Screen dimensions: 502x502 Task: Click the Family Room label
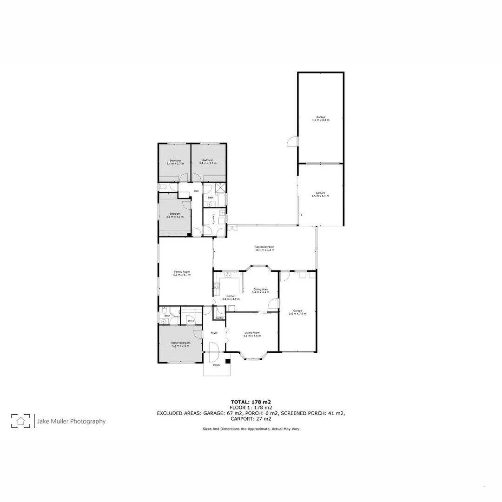tap(182, 271)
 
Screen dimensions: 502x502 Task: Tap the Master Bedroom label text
tap(180, 343)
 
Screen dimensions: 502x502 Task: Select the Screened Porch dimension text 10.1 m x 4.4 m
tap(264, 250)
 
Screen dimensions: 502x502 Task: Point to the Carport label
tap(320, 193)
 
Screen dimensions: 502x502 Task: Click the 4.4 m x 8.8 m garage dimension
tap(320, 120)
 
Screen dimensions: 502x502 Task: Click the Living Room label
tap(252, 332)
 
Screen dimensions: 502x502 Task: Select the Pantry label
tap(219, 318)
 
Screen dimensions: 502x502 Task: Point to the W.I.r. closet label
tap(191, 321)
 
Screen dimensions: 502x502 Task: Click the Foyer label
tap(214, 333)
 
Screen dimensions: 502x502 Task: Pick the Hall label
tap(196, 191)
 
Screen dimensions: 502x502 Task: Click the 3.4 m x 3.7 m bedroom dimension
tap(207, 163)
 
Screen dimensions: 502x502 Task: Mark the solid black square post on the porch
tap(228, 361)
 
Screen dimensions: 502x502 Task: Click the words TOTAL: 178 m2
tap(251, 402)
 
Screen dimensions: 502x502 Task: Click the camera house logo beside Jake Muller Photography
tap(21, 421)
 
